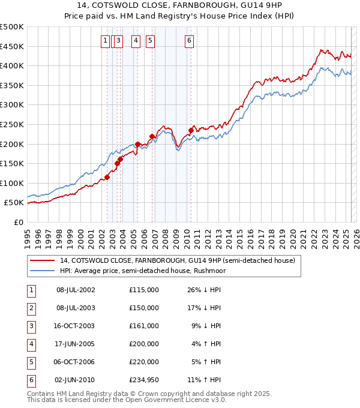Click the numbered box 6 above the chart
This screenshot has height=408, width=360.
189,41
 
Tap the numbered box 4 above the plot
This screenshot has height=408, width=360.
136,41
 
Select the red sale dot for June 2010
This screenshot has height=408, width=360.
191,130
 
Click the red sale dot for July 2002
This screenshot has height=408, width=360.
107,177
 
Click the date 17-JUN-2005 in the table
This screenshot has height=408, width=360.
76,344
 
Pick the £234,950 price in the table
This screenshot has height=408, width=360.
143,380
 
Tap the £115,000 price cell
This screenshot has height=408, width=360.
143,290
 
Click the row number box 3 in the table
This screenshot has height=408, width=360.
31,326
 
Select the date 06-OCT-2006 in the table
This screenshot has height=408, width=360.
76,362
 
